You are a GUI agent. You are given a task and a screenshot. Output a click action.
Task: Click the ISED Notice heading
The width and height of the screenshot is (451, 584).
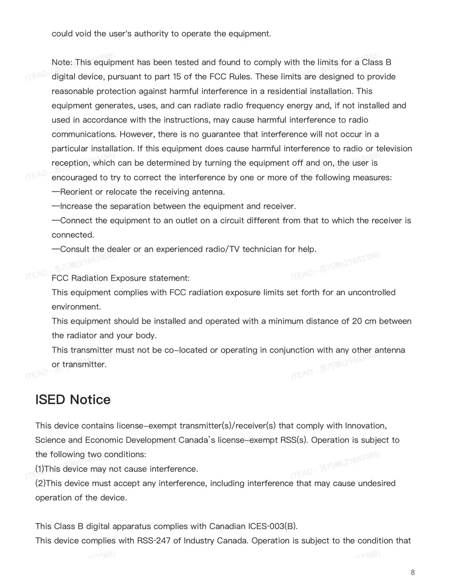(73, 400)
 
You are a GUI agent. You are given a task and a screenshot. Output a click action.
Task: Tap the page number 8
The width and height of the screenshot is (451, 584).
(413, 573)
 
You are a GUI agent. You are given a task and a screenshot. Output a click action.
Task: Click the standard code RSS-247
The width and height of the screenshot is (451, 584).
(153, 541)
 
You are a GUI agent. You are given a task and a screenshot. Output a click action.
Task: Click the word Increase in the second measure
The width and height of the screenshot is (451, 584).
(76, 206)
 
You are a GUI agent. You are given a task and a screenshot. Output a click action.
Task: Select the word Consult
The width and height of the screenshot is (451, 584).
(74, 249)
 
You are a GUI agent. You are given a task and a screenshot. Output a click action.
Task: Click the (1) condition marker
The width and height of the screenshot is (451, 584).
(40, 469)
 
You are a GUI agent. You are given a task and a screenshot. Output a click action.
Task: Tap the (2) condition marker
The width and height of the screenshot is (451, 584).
(40, 483)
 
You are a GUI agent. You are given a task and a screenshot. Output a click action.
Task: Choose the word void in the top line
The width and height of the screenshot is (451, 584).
(83, 34)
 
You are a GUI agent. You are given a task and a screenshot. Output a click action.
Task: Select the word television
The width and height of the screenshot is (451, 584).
(394, 148)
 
